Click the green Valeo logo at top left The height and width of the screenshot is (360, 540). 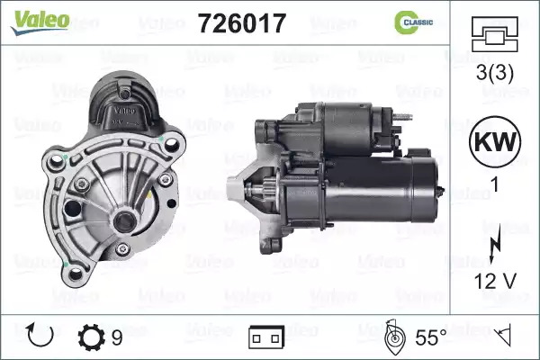(40, 22)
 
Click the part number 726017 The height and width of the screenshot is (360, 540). (242, 23)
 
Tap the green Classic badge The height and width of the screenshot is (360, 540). (413, 22)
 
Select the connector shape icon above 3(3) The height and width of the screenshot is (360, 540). (494, 34)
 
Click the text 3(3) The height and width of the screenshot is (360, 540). (494, 72)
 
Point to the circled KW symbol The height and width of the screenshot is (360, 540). (495, 142)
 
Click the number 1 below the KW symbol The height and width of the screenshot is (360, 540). (495, 184)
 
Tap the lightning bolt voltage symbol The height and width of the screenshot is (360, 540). (494, 243)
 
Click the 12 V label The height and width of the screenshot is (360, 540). (495, 281)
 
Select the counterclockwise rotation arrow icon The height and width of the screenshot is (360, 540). (40, 335)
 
